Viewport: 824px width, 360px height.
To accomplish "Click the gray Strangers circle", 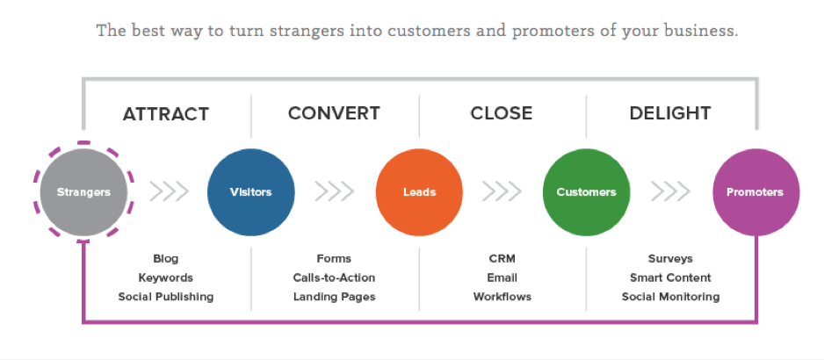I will [x=84, y=191].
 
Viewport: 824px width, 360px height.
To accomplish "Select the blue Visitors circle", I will [x=251, y=191].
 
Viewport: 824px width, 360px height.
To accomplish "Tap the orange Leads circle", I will [x=419, y=191].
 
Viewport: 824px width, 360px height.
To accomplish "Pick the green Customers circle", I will [x=587, y=191].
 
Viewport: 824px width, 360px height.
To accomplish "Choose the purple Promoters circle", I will [x=755, y=191].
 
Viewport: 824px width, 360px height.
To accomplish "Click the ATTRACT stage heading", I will [x=166, y=114].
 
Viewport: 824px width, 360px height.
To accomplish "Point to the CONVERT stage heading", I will [x=334, y=113].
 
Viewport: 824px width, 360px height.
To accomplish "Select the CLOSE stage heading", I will [x=502, y=113].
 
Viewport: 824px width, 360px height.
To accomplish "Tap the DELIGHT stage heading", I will [x=670, y=113].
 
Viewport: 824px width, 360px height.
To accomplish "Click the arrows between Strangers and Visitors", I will [x=169, y=191].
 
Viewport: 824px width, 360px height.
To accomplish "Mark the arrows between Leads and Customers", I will [x=502, y=191].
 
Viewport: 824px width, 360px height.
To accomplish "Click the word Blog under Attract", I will [x=166, y=259].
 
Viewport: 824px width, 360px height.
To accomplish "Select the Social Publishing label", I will [x=166, y=297].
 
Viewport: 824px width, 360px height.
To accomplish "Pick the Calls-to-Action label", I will [x=334, y=277].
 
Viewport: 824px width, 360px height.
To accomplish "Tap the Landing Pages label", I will [x=334, y=297].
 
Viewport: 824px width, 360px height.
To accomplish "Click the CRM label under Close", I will [x=502, y=259].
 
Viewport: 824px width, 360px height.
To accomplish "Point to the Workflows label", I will [x=502, y=297].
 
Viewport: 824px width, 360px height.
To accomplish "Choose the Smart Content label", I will [x=670, y=277].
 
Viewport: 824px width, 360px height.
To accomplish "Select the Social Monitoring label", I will [x=670, y=297].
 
